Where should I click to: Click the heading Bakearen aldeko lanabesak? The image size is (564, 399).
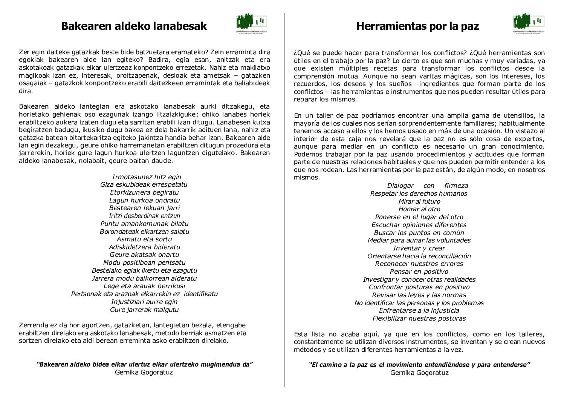[x=134, y=26]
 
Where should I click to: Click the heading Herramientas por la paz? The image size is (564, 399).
[x=417, y=26]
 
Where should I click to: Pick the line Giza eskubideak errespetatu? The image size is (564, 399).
[x=144, y=184]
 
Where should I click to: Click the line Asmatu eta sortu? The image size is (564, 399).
[x=144, y=239]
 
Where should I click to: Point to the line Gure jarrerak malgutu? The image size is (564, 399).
[x=144, y=310]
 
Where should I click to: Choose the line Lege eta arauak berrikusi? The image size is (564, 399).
[x=144, y=286]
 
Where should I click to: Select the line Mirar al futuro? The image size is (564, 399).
[x=419, y=201]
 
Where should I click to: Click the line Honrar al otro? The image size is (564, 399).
[x=419, y=209]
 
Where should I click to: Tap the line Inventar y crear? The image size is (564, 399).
[x=419, y=248]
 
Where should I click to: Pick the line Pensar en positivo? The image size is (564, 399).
[x=419, y=272]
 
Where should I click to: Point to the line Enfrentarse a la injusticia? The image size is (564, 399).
[x=419, y=310]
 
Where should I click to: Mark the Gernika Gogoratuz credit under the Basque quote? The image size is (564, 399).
[x=144, y=372]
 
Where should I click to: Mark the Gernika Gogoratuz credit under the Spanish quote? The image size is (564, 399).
[x=419, y=373]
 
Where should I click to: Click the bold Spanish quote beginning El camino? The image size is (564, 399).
[x=419, y=365]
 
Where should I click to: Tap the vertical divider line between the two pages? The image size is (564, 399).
[x=284, y=200]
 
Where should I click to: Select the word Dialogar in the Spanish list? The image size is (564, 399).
[x=400, y=186]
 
